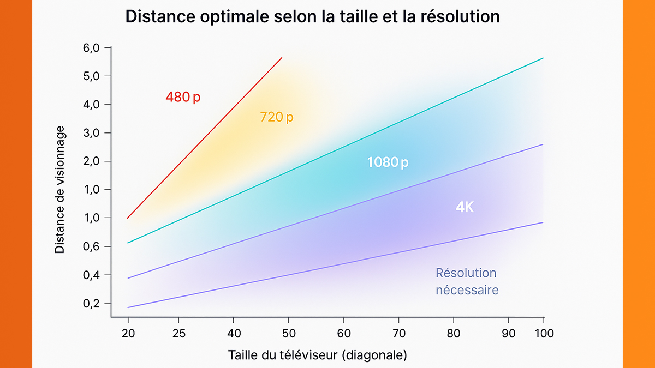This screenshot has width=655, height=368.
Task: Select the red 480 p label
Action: pyautogui.click(x=183, y=98)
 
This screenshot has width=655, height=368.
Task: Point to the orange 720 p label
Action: pyautogui.click(x=276, y=117)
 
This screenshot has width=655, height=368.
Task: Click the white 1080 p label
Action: pyautogui.click(x=388, y=162)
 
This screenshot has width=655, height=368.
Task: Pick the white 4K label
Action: pyautogui.click(x=465, y=207)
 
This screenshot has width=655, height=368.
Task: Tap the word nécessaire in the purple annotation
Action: pyautogui.click(x=467, y=290)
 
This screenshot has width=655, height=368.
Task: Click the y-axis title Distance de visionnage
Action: pyautogui.click(x=60, y=190)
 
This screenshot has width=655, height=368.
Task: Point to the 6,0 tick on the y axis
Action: pyautogui.click(x=92, y=47)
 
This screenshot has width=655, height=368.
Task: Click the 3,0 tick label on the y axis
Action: pyautogui.click(x=92, y=133)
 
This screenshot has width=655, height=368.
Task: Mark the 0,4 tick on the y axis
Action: pyautogui.click(x=92, y=275)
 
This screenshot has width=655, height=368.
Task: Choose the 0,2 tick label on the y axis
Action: pyautogui.click(x=92, y=304)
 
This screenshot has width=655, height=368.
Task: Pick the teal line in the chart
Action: pyautogui.click(x=336, y=150)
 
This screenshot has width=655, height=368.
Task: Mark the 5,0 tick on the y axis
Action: pyautogui.click(x=92, y=76)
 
